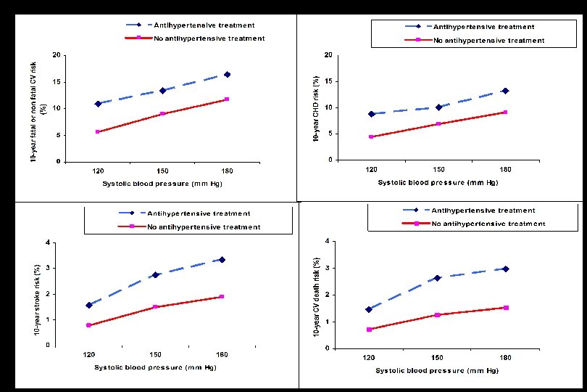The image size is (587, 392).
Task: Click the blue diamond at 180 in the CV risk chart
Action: [227, 75]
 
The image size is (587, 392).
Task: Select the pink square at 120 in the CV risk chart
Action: [98, 131]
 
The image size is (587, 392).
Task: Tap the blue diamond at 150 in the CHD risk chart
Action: [438, 107]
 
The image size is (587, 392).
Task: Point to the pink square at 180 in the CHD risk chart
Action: [505, 113]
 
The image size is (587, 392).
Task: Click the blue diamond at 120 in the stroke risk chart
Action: [89, 306]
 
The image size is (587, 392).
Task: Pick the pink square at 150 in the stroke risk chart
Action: [155, 307]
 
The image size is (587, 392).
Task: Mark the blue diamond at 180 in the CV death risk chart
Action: [506, 269]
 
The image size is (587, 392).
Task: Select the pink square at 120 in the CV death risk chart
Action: [369, 330]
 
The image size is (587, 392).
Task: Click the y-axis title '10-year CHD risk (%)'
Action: [316, 109]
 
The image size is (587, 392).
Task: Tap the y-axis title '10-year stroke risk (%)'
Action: [37, 300]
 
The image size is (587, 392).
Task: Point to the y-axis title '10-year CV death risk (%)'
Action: [317, 297]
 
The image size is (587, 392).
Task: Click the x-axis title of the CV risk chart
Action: [162, 184]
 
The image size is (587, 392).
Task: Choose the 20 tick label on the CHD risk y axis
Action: [328, 55]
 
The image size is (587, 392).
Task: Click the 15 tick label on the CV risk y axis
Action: [56, 82]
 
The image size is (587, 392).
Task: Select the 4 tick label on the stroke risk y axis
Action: [48, 242]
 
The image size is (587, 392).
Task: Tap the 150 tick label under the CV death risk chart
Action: [437, 357]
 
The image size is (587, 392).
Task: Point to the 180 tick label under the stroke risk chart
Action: [222, 354]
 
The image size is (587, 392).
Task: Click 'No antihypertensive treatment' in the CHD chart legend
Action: [489, 41]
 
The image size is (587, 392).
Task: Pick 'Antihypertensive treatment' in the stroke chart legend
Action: [199, 213]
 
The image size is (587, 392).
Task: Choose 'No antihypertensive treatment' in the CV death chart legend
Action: [488, 224]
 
